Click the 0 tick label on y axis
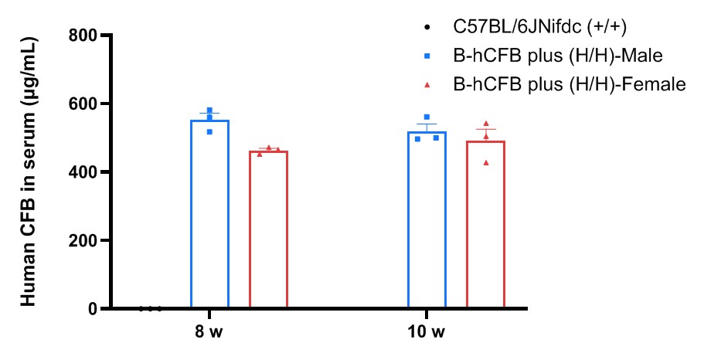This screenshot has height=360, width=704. (x=93, y=309)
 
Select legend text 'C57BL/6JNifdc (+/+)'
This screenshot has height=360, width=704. (x=539, y=27)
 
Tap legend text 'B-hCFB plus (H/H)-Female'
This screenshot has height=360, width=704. (x=569, y=83)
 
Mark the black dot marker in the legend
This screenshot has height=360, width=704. (x=427, y=28)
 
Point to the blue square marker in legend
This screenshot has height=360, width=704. (x=427, y=56)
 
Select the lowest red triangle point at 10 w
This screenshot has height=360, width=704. (x=486, y=163)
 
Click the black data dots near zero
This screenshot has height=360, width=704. (x=151, y=308)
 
